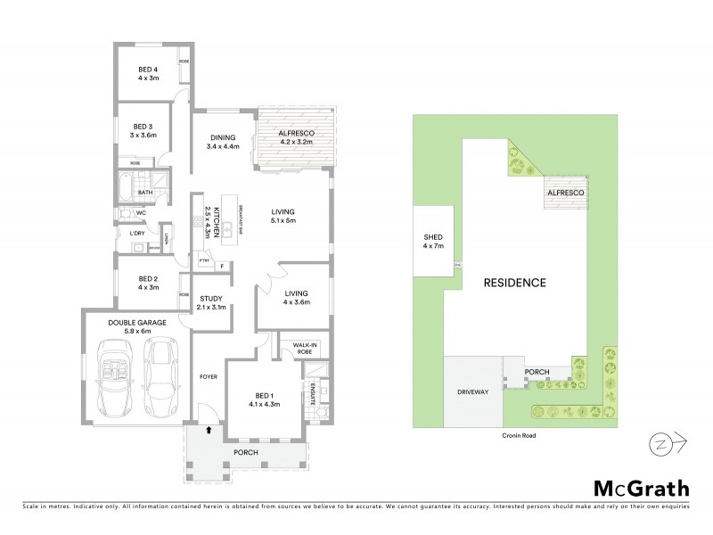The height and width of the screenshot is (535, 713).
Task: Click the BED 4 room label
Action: [x=148, y=70]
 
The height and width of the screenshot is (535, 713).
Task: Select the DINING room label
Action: [x=223, y=137]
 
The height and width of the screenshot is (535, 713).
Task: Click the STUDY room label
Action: [x=211, y=300]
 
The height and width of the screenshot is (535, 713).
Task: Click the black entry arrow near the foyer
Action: [x=209, y=431]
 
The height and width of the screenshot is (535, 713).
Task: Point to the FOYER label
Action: [x=208, y=376]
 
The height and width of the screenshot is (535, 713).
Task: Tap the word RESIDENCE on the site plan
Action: [x=514, y=282]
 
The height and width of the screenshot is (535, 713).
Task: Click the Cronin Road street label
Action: [x=516, y=436]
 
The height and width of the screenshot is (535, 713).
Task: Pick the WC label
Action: [x=140, y=213]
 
